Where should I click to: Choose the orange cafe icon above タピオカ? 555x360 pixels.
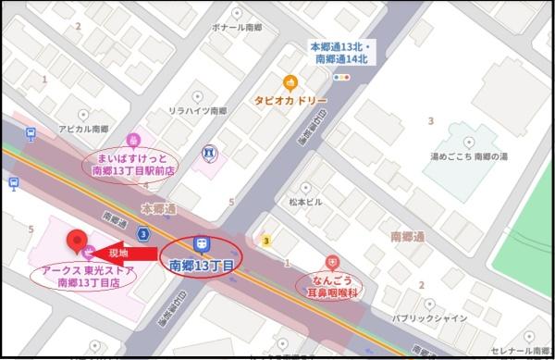(x=290, y=82)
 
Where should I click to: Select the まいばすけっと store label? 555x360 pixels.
(x=135, y=164)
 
